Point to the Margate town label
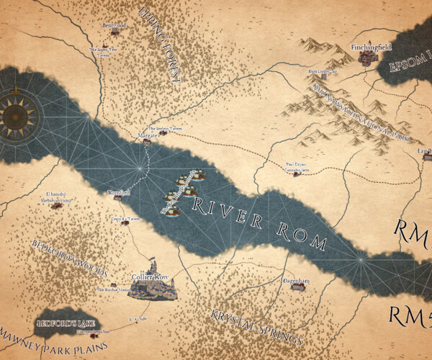[147, 135]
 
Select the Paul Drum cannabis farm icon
[296, 174]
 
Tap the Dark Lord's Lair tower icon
[328, 78]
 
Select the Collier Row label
[150, 276]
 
